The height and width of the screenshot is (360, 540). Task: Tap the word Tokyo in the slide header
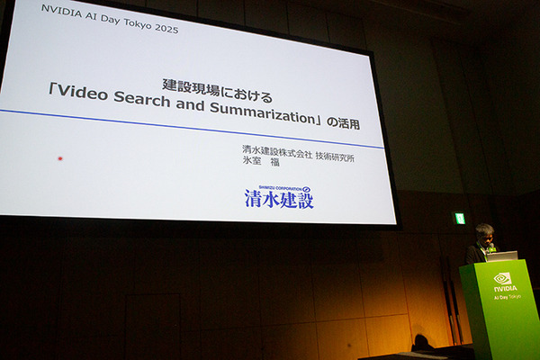click(130, 28)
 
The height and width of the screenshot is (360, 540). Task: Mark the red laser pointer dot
click(60, 159)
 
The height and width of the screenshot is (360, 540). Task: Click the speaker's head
click(484, 232)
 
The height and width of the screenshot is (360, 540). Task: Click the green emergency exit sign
click(460, 218)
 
